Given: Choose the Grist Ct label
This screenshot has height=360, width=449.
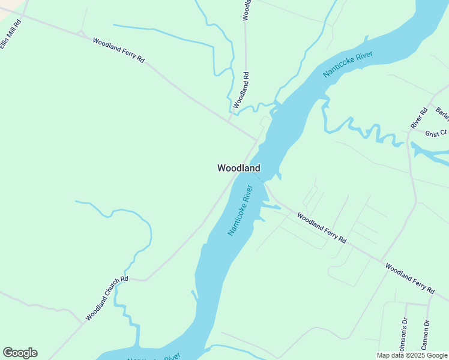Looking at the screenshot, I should pos(436,133).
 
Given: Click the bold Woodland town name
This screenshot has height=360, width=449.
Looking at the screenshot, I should pos(238,169).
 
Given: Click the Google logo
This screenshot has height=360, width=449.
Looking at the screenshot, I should pos(20,353).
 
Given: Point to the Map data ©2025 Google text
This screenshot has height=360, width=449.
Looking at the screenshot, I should pos(412,355).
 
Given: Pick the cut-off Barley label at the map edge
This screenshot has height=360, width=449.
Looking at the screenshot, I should pos(442,113).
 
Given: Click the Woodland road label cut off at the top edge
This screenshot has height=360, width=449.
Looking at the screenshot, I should pos(246,10).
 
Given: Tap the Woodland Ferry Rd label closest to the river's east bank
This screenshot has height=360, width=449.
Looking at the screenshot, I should pos(321,229).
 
